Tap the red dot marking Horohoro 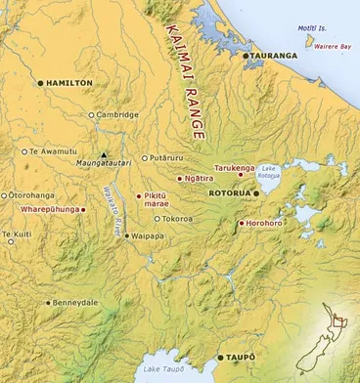[241, 224]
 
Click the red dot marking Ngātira [179, 179]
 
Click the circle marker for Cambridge [91, 114]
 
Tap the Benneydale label [77, 303]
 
